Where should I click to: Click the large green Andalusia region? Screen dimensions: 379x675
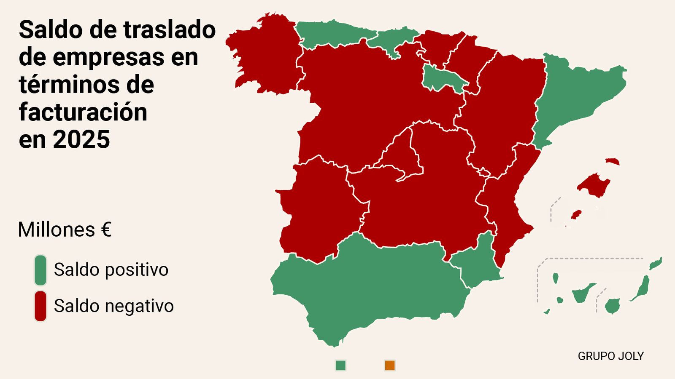[x=371, y=286]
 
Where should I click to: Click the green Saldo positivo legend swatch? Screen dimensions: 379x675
[x=40, y=270]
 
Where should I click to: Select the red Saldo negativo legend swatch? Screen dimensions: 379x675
[x=40, y=306]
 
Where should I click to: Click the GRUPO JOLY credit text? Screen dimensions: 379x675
[x=610, y=356]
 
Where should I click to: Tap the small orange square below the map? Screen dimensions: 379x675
[x=390, y=366]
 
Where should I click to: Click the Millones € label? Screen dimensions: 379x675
[x=65, y=230]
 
